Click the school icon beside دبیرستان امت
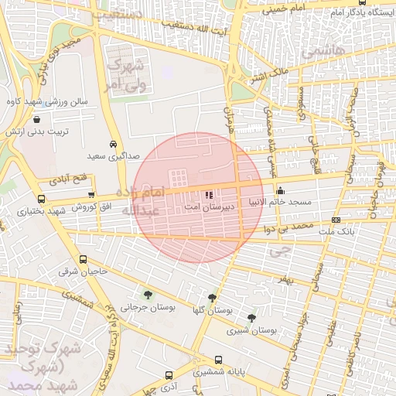point(208,194)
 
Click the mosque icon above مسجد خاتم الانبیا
point(280,190)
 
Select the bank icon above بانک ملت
point(335,220)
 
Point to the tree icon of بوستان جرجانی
point(147,294)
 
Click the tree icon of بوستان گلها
point(212,298)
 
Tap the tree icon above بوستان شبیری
point(251,317)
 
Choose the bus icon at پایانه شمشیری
point(219,360)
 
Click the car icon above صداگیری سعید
point(114,144)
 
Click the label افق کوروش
point(92,208)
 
